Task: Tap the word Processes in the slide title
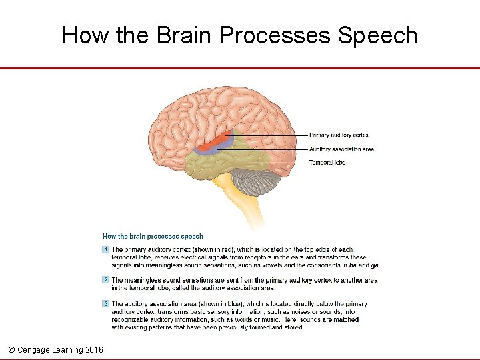(275, 35)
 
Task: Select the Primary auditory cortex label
(339, 135)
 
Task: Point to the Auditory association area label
(341, 149)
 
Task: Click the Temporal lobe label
(327, 163)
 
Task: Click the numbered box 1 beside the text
(105, 250)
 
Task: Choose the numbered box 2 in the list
(105, 280)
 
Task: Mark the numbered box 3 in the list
(105, 304)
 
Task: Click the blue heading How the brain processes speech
(153, 236)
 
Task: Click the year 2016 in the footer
(94, 349)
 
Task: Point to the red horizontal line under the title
(240, 68)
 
